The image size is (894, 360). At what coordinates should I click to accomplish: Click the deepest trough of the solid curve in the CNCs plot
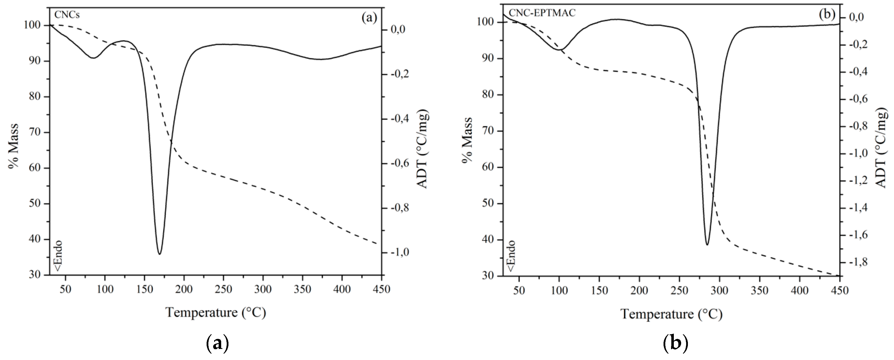click(x=160, y=254)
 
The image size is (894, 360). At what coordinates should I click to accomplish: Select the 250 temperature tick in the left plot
click(x=223, y=289)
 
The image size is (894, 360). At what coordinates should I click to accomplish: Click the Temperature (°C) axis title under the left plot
click(x=215, y=312)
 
